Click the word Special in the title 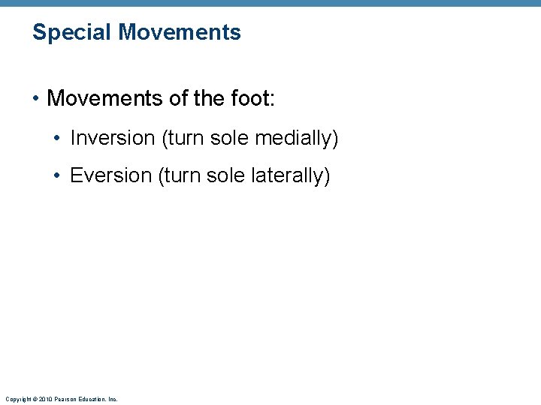tap(72, 33)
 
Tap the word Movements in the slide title tap(180, 32)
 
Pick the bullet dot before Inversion tap(59, 138)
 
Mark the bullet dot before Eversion tap(59, 175)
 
